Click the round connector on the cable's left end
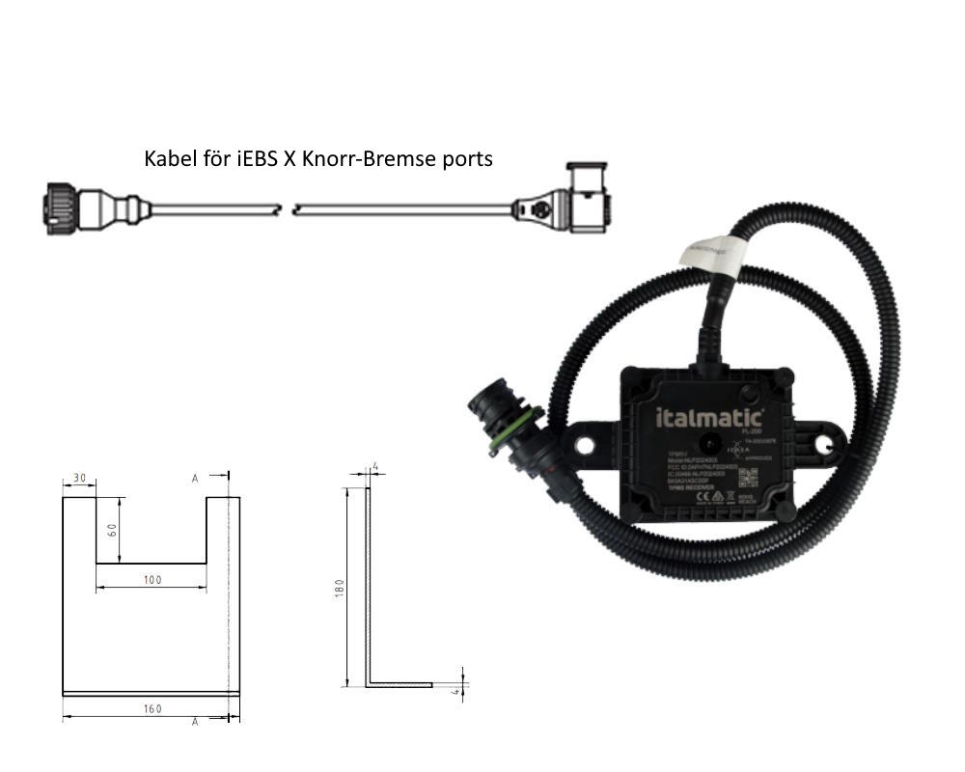57,207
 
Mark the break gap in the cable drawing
286,207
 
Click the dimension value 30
78,478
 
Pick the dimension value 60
112,530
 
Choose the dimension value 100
152,579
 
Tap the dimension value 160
152,708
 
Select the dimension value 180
338,588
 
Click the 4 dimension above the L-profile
375,467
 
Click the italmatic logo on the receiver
710,419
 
